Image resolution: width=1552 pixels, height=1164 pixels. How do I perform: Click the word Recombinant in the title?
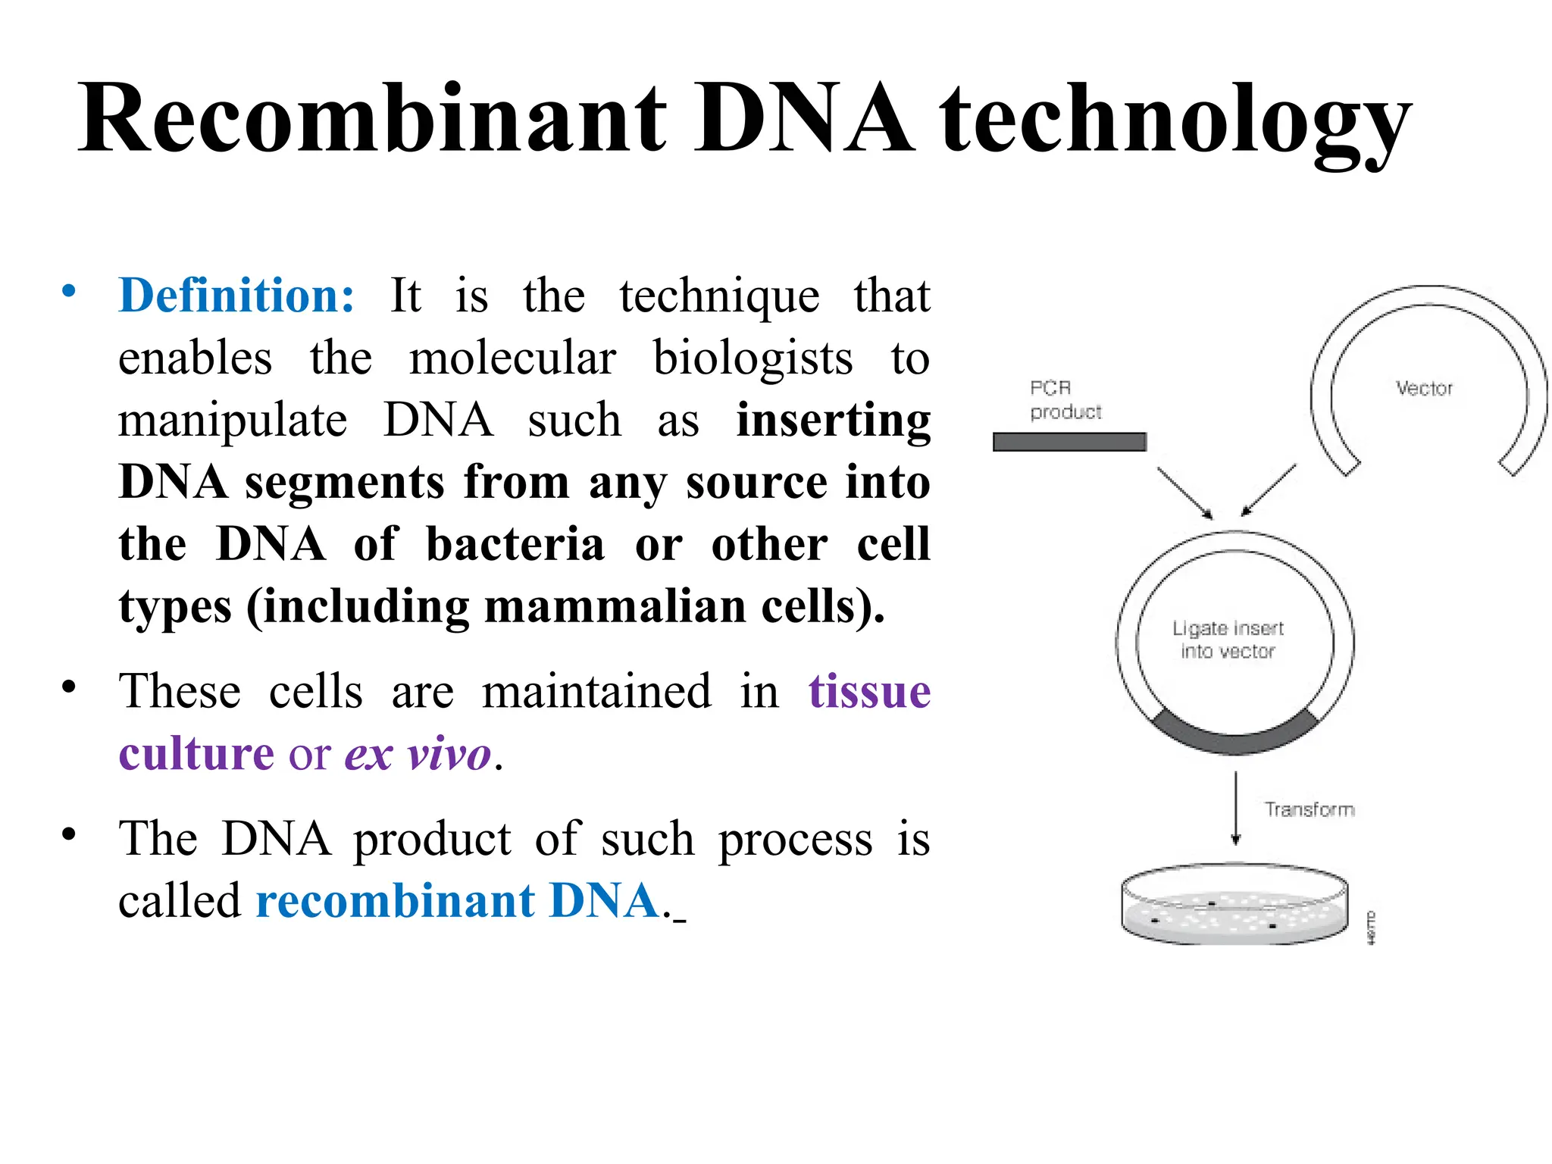coord(371,120)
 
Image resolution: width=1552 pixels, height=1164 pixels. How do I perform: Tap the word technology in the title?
coord(1175,121)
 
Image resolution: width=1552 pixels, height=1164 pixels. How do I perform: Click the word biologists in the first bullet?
coord(753,358)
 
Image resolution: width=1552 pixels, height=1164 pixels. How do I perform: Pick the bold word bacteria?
coord(515,545)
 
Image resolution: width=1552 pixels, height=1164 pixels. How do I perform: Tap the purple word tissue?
coord(869,692)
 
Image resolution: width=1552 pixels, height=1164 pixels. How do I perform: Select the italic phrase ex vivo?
coord(418,755)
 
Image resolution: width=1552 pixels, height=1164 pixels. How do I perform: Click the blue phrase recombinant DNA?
coord(458,901)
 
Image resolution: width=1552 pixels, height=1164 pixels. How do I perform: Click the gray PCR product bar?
coord(1069,442)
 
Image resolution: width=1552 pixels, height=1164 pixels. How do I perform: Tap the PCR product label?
coord(1064,400)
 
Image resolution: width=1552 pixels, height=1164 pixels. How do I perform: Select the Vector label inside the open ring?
coord(1424,389)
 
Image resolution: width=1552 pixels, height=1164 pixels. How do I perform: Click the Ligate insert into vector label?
coord(1228,640)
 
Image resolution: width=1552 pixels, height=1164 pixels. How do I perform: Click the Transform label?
coord(1309,809)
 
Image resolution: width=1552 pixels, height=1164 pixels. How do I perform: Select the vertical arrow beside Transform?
coord(1236,808)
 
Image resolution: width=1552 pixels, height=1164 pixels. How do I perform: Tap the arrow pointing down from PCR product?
coord(1184,493)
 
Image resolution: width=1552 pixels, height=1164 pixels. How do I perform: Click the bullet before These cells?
coord(69,687)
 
